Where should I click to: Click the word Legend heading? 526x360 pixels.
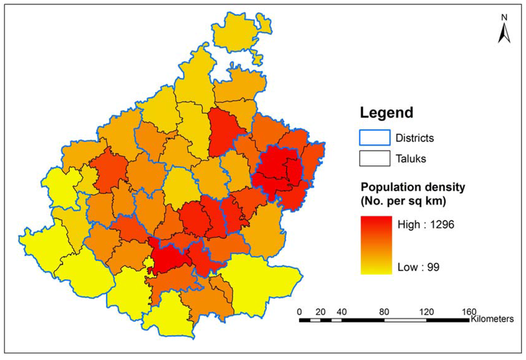(386, 112)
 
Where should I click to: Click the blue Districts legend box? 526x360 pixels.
(374, 138)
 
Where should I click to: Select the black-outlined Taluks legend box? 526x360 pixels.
(374, 159)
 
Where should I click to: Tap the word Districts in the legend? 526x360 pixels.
(415, 138)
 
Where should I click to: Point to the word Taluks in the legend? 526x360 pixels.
(411, 159)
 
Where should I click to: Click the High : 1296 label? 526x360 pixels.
(426, 224)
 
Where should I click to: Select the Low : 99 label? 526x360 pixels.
(418, 267)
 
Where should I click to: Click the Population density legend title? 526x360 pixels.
(412, 187)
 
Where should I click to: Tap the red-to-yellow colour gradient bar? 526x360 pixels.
(376, 245)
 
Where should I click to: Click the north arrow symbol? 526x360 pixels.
(504, 34)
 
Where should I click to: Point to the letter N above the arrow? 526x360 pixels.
(504, 17)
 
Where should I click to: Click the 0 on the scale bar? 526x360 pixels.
(299, 311)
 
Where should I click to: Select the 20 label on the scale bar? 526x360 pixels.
(320, 311)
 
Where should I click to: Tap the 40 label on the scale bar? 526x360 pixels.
(342, 311)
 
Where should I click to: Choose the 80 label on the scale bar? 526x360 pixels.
(384, 311)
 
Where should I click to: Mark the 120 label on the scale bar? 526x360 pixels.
(426, 311)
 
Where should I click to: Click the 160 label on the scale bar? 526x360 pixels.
(468, 311)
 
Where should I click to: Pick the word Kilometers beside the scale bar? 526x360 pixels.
(492, 319)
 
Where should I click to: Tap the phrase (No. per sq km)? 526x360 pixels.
(403, 201)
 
